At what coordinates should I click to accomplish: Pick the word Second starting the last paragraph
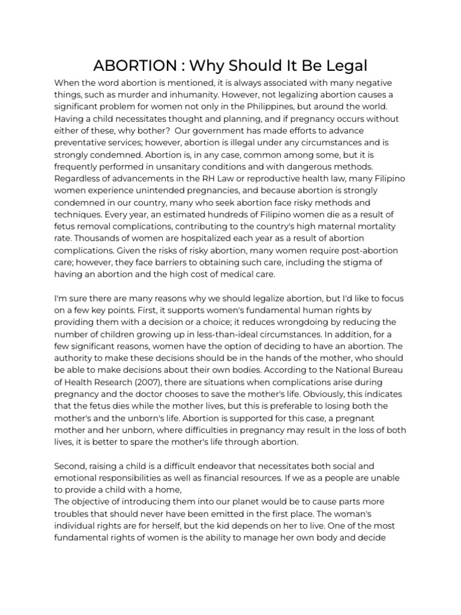[x=71, y=465]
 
